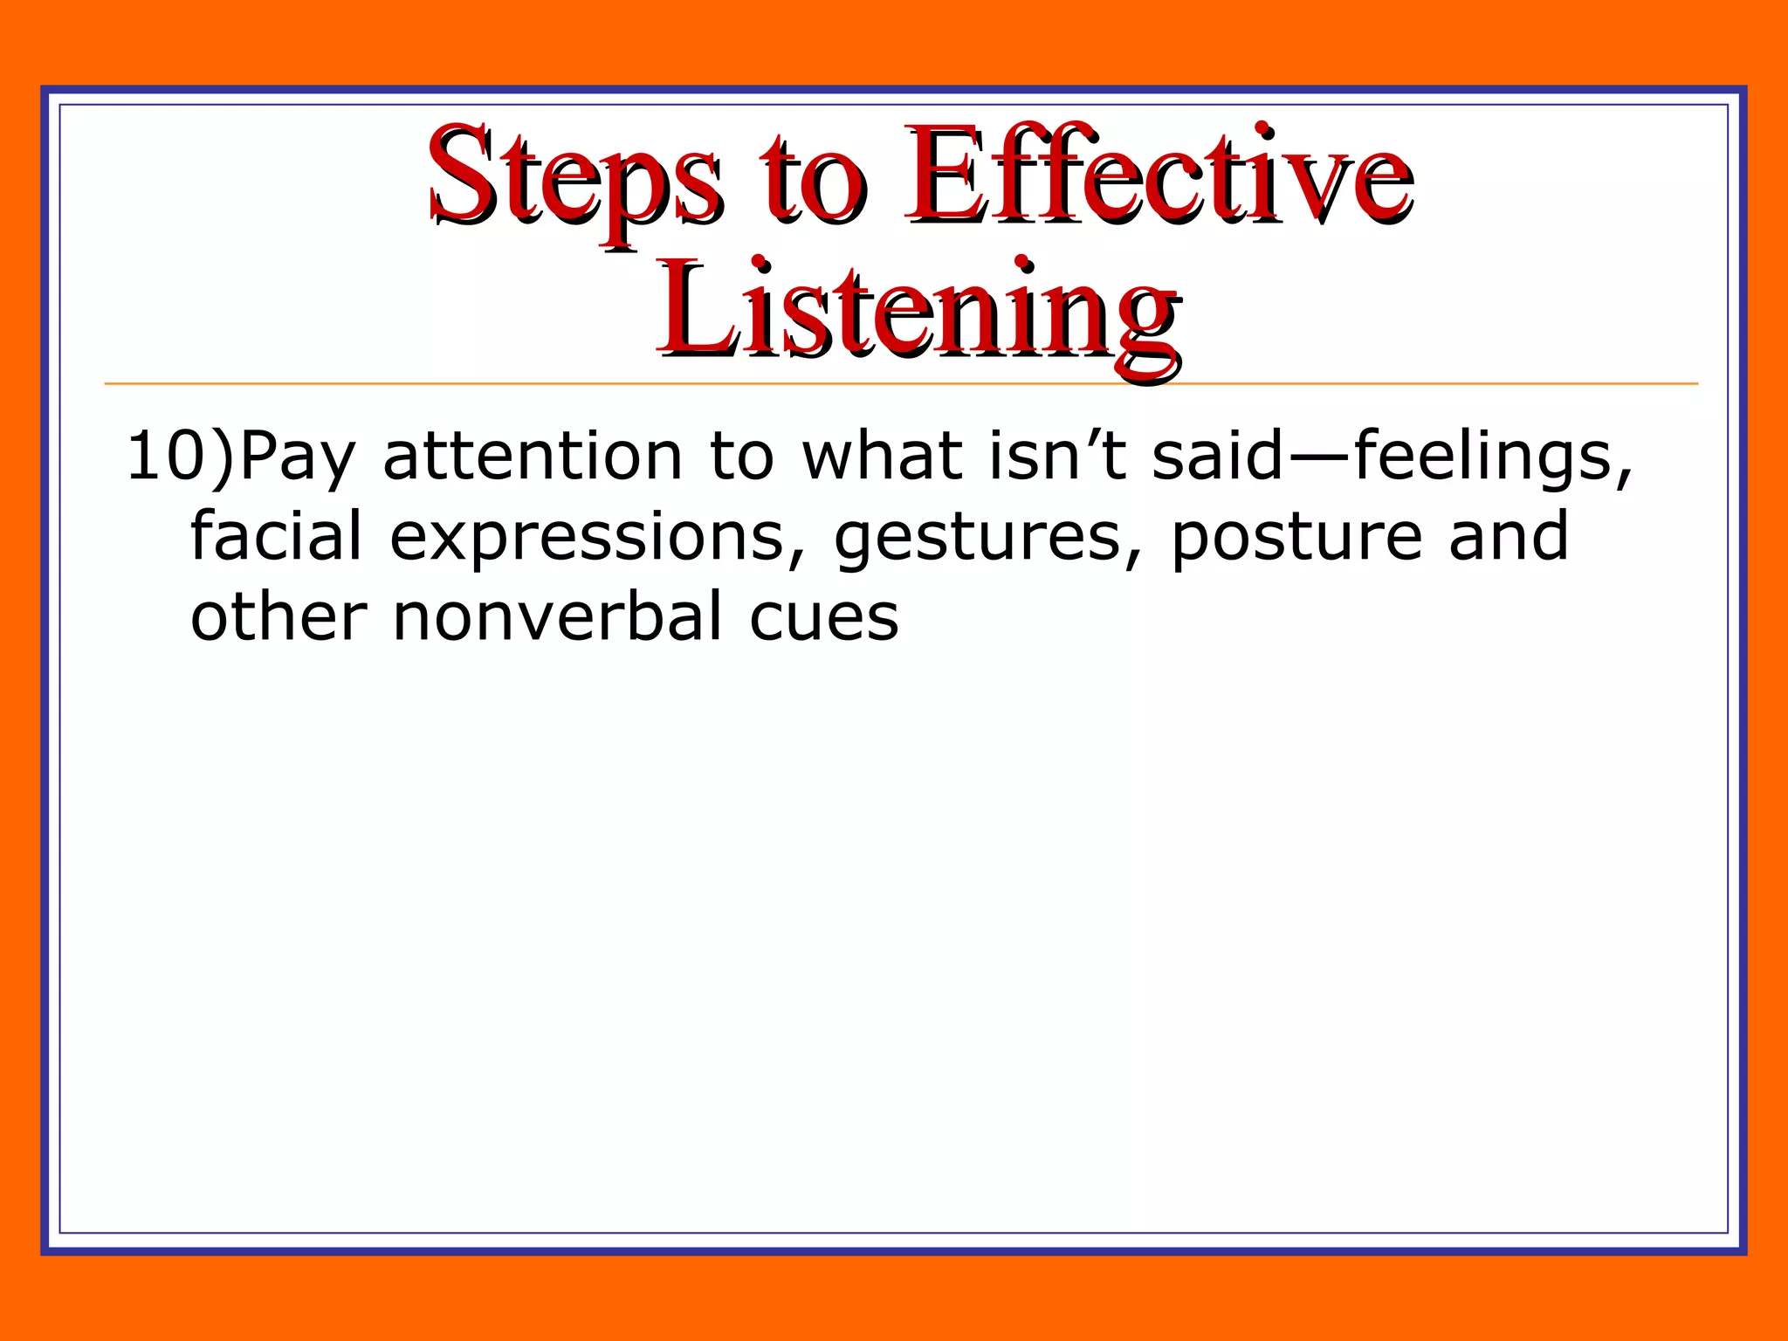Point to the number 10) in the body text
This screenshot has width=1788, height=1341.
click(x=179, y=457)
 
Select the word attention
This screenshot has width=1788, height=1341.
click(x=533, y=457)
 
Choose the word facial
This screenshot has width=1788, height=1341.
click(x=276, y=537)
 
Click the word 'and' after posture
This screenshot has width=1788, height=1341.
click(x=1509, y=537)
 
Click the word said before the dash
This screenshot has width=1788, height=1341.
click(x=1218, y=457)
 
